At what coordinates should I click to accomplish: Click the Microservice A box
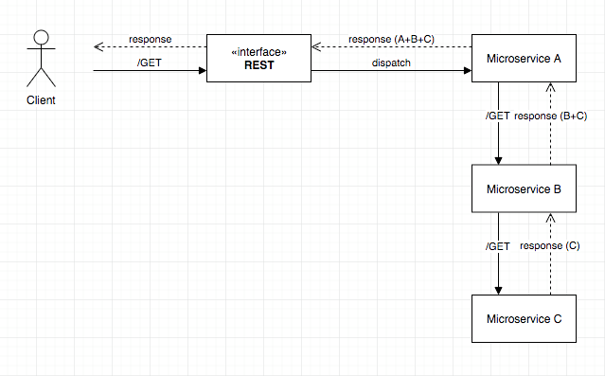(x=524, y=59)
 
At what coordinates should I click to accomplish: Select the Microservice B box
(x=524, y=188)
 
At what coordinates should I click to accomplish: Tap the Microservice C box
(x=524, y=318)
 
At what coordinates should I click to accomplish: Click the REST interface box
(x=258, y=59)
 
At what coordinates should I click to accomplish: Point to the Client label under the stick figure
(x=41, y=100)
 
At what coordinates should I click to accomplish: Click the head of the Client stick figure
(x=42, y=38)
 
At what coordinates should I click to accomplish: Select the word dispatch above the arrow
(x=391, y=63)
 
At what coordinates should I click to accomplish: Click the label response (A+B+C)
(x=391, y=40)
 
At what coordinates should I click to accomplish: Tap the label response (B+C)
(x=551, y=116)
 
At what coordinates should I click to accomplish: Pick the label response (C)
(x=550, y=246)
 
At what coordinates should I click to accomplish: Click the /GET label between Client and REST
(x=150, y=63)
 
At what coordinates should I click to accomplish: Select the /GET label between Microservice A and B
(x=498, y=116)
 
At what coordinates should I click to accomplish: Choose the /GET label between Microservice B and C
(x=498, y=246)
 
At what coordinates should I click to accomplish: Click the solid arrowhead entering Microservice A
(x=468, y=71)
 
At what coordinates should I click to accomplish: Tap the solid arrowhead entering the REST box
(x=203, y=71)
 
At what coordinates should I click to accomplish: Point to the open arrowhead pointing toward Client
(x=98, y=46)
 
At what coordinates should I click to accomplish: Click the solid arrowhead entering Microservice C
(x=499, y=291)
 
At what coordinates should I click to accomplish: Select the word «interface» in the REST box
(x=258, y=52)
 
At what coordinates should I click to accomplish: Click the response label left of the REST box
(x=151, y=40)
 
